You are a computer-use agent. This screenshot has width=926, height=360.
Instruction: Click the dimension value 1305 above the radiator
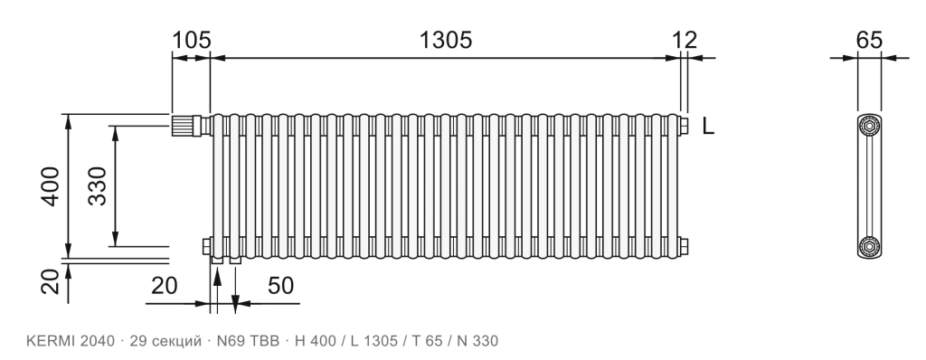point(445,40)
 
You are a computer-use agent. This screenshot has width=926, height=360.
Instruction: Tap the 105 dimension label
point(192,40)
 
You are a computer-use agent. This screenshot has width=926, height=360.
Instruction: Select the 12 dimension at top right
point(685,40)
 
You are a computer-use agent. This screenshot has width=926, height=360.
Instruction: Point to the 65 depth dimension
point(869,40)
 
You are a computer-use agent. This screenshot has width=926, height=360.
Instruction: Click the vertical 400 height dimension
point(52,186)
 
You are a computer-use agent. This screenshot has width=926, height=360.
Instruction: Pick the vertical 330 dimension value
point(98,186)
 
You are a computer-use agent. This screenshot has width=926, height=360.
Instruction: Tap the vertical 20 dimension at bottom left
point(52,281)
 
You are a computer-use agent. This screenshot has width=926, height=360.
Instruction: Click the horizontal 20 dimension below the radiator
point(165,286)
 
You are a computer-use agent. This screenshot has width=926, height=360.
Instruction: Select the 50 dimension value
point(280,286)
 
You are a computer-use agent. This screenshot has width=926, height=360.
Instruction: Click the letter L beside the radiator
point(708,126)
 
